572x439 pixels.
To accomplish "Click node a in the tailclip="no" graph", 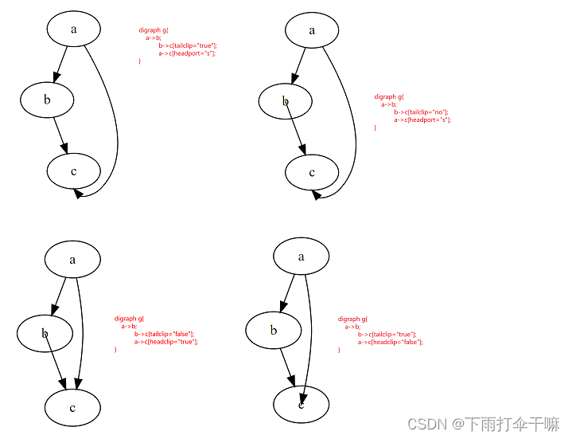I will click(x=312, y=30).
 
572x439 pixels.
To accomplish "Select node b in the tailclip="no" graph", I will click(x=285, y=101).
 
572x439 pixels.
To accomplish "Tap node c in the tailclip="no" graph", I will click(x=312, y=172).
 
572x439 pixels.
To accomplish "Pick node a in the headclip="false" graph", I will click(x=301, y=257).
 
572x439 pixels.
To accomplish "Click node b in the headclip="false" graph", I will click(x=273, y=331).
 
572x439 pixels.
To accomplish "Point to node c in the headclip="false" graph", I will click(x=301, y=405).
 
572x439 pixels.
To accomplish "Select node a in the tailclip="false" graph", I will click(x=72, y=259).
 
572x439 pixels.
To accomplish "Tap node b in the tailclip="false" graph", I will click(x=45, y=334).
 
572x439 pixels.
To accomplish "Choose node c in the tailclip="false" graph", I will click(x=72, y=408).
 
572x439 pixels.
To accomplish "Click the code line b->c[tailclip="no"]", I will click(x=421, y=112).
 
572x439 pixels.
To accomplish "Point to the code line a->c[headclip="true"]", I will click(x=165, y=341).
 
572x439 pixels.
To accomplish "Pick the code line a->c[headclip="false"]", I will click(x=390, y=341).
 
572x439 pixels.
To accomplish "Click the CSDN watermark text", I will click(x=424, y=424).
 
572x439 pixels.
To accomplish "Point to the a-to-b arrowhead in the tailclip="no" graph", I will click(x=295, y=77).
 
